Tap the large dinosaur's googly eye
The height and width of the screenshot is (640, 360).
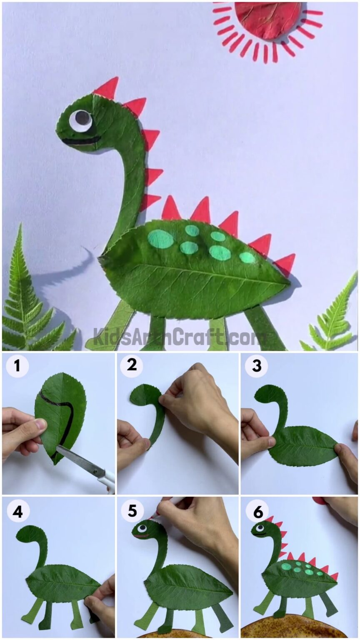[80, 120]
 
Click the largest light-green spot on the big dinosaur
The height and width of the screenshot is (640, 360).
[160, 239]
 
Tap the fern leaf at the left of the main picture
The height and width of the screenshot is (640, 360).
[25, 300]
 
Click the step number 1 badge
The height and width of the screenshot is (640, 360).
[17, 367]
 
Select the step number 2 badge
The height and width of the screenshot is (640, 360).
[132, 365]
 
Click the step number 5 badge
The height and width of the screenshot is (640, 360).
[132, 510]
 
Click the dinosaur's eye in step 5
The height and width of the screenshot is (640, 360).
[142, 528]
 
